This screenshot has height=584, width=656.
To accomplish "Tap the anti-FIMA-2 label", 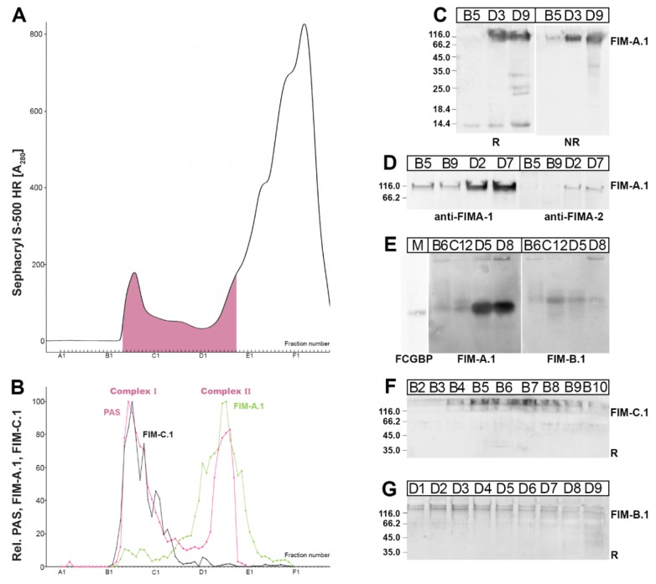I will pyautogui.click(x=564, y=214).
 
